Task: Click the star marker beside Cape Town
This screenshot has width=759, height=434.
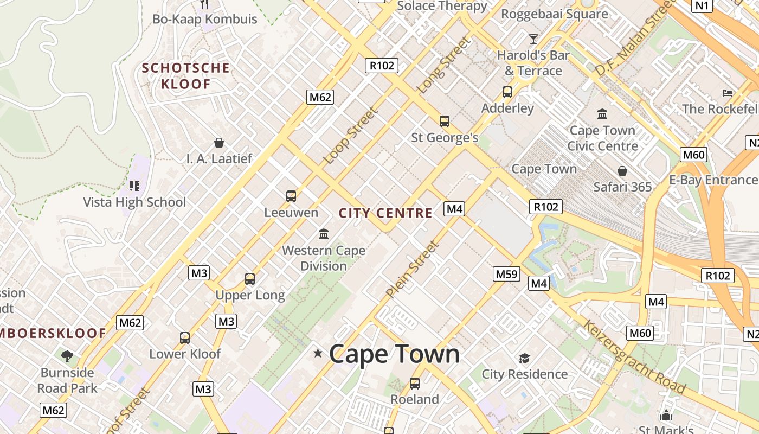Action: [318, 354]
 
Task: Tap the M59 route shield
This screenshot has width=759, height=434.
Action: [506, 274]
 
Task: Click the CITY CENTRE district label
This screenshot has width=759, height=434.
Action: [385, 213]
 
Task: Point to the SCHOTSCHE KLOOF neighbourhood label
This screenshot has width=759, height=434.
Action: [185, 76]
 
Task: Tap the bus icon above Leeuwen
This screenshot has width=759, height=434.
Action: [291, 196]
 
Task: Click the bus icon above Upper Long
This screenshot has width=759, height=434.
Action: [250, 279]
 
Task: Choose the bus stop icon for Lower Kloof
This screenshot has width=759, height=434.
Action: [185, 337]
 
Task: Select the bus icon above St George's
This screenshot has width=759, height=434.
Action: [445, 122]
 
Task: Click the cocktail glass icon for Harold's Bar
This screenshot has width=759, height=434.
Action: [533, 39]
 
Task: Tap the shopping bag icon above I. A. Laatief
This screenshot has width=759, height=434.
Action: [219, 143]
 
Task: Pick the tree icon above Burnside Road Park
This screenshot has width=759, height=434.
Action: [67, 356]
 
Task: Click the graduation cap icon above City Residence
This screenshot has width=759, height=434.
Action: [524, 358]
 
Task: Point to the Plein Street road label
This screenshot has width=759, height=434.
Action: [413, 270]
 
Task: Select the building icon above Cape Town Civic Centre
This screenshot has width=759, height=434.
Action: [602, 114]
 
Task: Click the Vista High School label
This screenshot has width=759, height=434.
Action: [134, 202]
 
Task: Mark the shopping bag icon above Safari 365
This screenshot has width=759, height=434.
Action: [622, 171]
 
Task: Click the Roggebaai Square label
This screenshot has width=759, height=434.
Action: [554, 14]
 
